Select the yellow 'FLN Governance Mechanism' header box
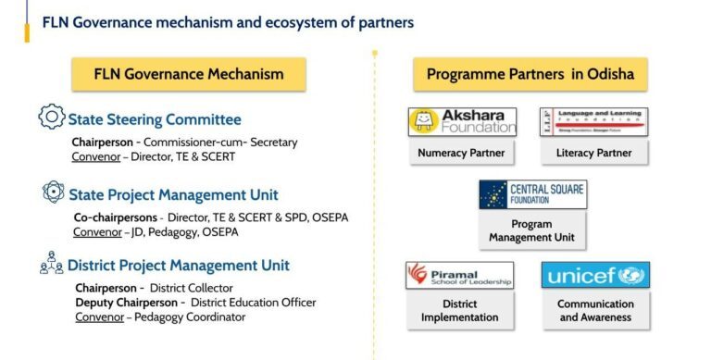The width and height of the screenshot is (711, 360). [189, 74]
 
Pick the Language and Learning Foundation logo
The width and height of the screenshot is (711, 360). [594, 122]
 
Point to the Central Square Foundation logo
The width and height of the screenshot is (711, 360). [531, 194]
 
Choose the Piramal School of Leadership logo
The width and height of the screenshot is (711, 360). [460, 275]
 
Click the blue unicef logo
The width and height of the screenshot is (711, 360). [595, 275]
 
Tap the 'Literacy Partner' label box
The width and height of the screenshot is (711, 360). [594, 153]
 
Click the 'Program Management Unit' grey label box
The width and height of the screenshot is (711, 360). [531, 230]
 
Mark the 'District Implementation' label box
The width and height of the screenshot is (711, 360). [460, 311]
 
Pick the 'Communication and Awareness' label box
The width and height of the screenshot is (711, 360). [595, 311]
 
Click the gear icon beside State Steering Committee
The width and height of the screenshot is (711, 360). [51, 118]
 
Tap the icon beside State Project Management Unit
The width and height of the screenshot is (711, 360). [54, 193]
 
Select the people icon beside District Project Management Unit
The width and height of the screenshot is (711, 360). [51, 266]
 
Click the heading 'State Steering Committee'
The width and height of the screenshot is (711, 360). [155, 119]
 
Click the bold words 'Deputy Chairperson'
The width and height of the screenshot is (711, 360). [126, 302]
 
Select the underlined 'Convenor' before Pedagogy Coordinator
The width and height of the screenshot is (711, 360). [96, 317]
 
